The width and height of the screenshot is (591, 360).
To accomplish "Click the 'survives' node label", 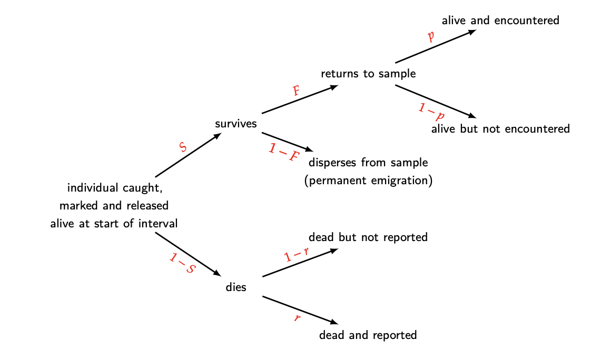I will (235, 124).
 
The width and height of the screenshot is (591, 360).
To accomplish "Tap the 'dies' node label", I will (235, 287).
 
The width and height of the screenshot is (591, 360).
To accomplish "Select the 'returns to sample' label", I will (368, 74).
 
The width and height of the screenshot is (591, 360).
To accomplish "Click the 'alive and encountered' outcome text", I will (500, 21).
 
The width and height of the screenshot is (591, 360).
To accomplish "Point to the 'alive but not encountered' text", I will (500, 129).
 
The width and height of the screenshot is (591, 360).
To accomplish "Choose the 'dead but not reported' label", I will (368, 237).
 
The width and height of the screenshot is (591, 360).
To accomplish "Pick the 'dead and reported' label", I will (368, 335).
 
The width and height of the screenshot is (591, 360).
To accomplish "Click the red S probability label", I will (183, 147).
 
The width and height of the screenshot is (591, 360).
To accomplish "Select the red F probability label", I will (296, 91).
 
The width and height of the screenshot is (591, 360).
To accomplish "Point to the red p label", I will (431, 36).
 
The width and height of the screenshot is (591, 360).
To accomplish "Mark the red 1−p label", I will (431, 111).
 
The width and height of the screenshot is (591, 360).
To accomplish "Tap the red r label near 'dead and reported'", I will (297, 318).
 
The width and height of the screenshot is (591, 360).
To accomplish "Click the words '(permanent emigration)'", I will (368, 181).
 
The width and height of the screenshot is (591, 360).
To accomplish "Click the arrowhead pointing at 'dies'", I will (217, 273).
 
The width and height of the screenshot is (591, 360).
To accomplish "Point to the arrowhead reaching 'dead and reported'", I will (332, 322).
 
